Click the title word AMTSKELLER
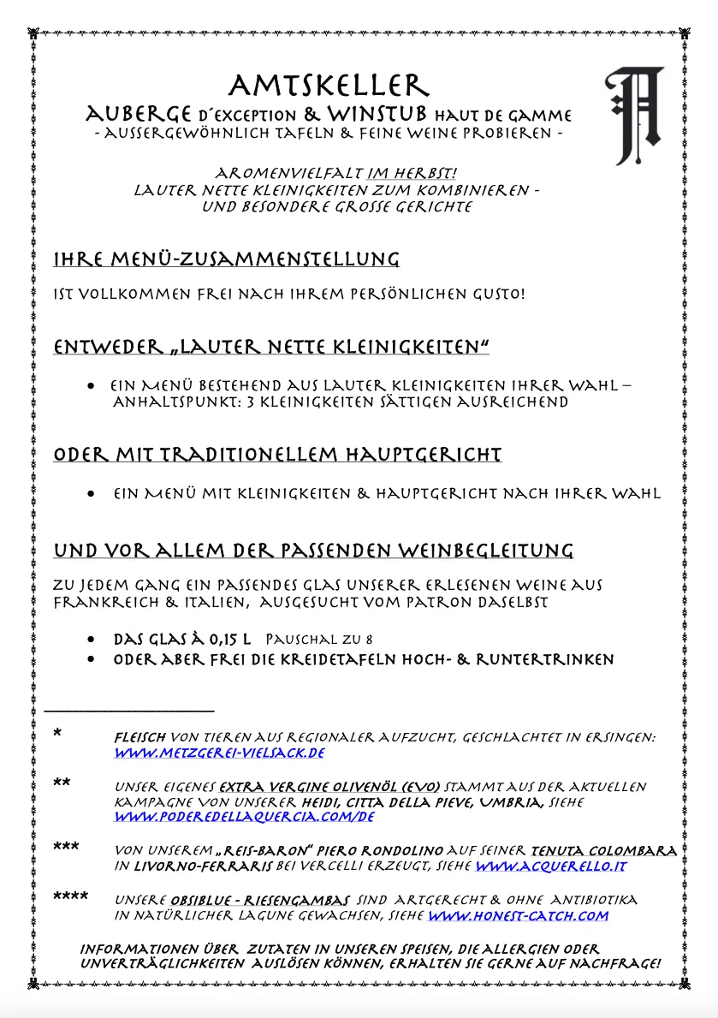point(328,86)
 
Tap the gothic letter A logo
point(634,116)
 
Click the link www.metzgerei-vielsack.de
point(219,753)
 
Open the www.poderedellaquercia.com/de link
point(245,817)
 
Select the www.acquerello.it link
point(551,866)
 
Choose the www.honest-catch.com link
point(518,915)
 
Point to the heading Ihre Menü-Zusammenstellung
point(226,259)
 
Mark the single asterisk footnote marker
point(57,734)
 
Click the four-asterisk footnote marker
point(70,897)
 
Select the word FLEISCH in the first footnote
point(140,737)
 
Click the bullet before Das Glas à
point(92,640)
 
